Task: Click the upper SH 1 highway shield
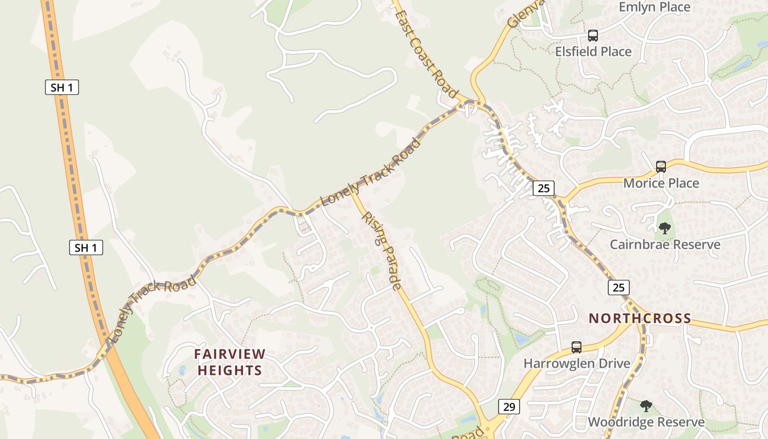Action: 62,87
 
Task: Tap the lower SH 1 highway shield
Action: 86,247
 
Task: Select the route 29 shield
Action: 509,407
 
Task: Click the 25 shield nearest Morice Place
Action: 543,188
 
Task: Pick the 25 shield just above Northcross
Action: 618,287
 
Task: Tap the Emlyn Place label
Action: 654,7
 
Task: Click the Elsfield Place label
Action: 593,52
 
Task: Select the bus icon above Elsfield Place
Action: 593,36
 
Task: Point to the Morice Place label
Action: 660,183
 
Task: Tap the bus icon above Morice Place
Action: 661,167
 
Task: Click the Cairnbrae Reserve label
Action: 665,244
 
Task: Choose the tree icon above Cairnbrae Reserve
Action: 665,228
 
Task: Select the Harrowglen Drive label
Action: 577,363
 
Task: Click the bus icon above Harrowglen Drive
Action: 577,347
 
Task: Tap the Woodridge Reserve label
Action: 646,422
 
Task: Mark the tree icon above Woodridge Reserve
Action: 646,406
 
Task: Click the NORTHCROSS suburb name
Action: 640,318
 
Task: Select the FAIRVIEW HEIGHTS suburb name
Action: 230,362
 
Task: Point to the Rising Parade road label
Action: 381,251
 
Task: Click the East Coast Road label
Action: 426,54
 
